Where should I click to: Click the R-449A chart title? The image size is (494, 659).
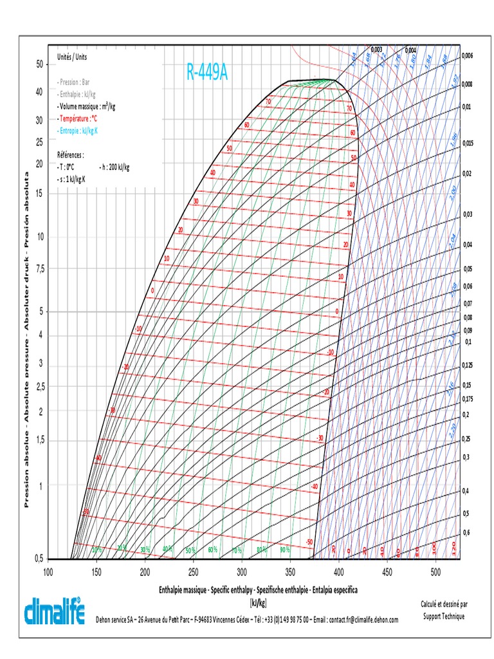click(207, 72)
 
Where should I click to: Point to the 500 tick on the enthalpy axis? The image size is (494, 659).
click(435, 571)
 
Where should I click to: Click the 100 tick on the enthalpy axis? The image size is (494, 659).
click(48, 571)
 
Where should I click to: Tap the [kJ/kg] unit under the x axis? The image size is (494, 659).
click(257, 602)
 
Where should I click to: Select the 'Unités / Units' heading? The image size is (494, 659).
click(72, 57)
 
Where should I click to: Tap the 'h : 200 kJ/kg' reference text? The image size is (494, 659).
click(115, 167)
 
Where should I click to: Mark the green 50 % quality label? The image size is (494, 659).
click(191, 551)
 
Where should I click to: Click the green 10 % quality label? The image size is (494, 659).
click(97, 550)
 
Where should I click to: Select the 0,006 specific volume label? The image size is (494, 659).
click(467, 55)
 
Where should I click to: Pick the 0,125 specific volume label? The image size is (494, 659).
click(468, 366)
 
